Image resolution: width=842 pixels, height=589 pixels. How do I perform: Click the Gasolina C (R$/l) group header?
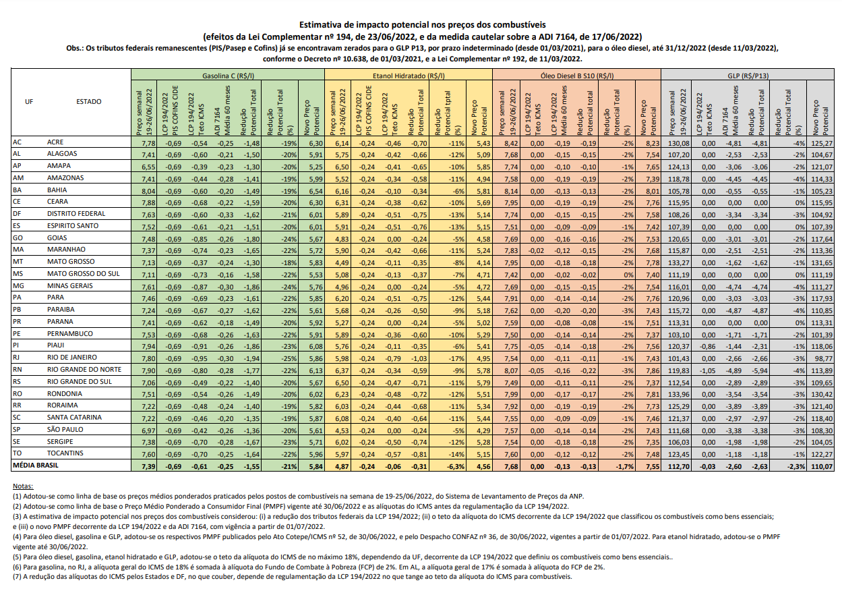click(x=228, y=76)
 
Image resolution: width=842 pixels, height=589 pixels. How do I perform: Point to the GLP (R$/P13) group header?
click(x=750, y=76)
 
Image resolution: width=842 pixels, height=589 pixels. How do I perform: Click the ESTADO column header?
click(x=89, y=102)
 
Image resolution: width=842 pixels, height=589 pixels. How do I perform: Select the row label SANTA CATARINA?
click(x=74, y=417)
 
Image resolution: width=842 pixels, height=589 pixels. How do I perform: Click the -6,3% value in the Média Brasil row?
click(x=456, y=466)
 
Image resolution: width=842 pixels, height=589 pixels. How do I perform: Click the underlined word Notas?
click(x=23, y=486)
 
